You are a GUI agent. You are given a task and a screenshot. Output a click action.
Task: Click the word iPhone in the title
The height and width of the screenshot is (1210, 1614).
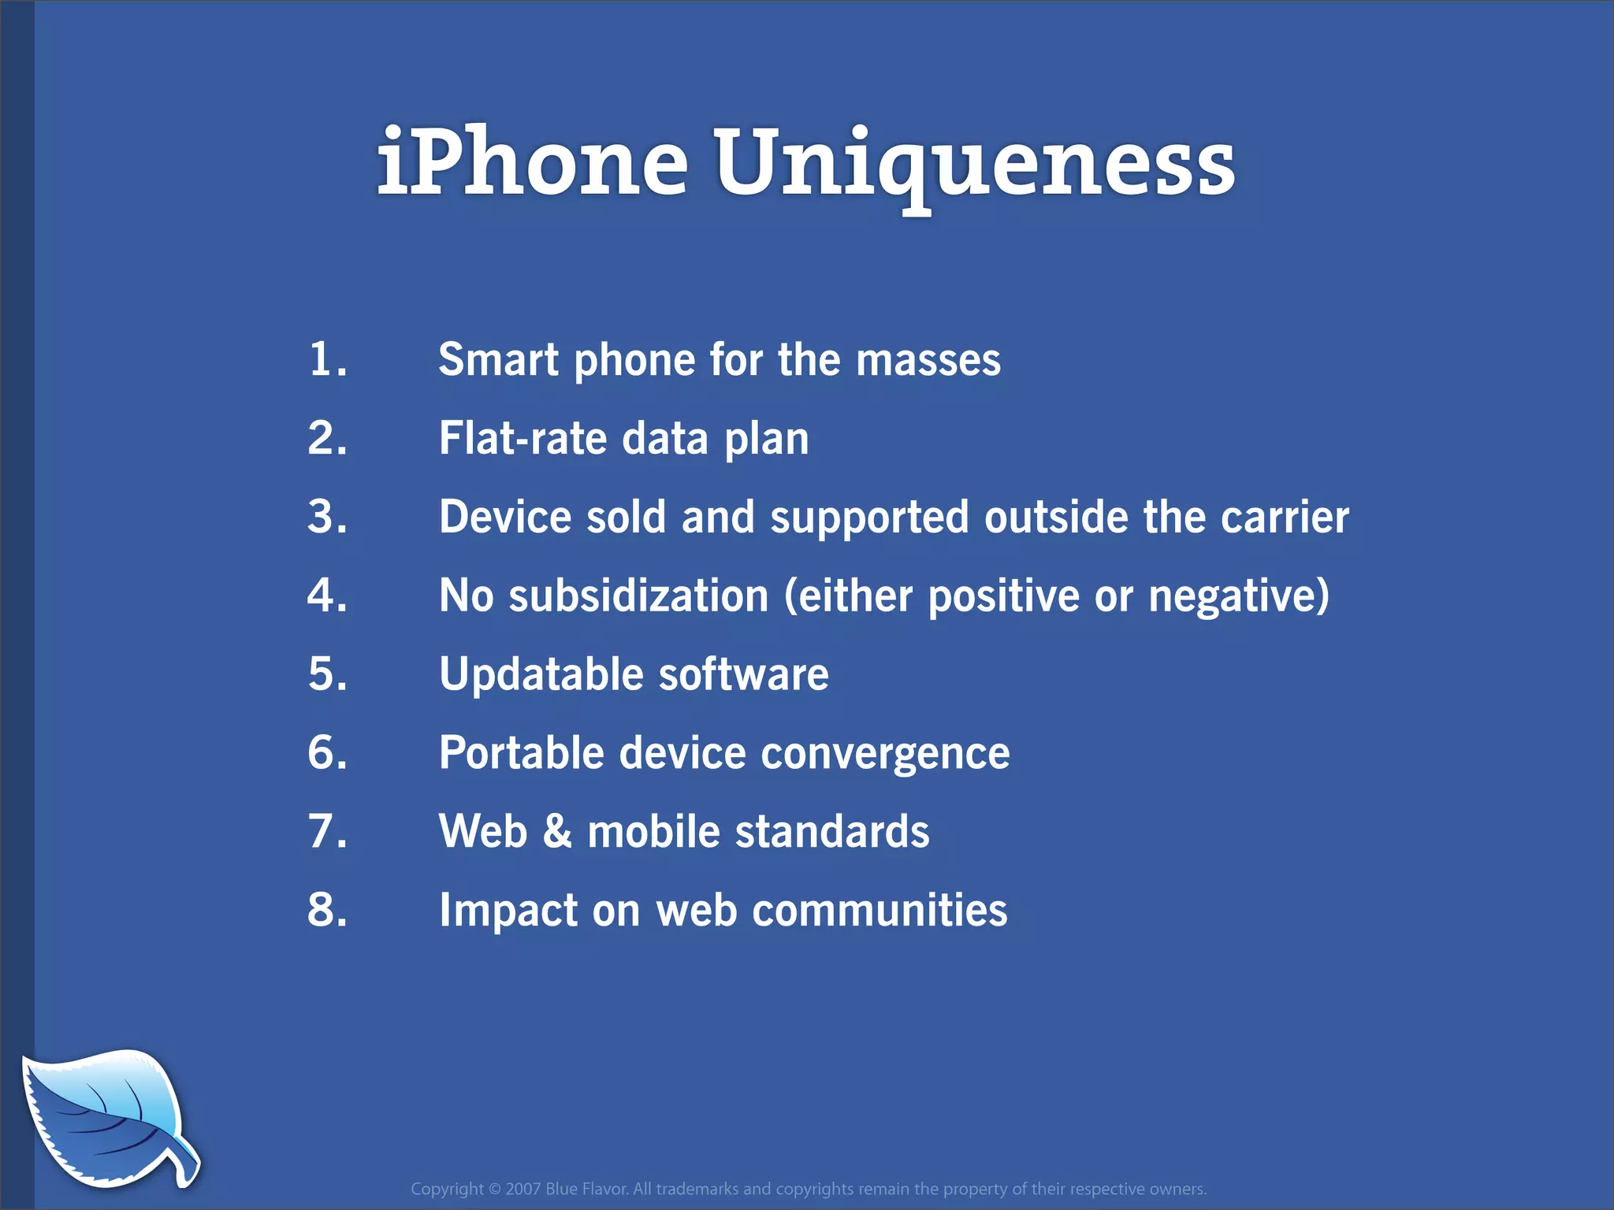pos(533,162)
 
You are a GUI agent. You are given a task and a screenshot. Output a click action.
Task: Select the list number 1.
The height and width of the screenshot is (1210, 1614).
pos(327,359)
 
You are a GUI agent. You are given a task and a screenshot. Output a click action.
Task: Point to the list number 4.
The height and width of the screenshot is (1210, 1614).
pos(327,596)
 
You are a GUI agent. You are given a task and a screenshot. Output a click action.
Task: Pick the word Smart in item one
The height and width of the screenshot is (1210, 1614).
pos(499,360)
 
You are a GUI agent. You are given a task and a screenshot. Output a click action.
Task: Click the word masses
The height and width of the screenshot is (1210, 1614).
pos(928,360)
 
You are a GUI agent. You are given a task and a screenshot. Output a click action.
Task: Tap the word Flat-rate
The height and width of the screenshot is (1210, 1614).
pos(523,439)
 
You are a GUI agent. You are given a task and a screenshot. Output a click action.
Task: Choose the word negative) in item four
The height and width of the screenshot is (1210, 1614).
pos(1239,596)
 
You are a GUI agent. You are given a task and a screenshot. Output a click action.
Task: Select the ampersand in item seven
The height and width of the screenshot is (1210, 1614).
pos(557,832)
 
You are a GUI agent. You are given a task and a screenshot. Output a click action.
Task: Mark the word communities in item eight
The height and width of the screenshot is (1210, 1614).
pos(880,911)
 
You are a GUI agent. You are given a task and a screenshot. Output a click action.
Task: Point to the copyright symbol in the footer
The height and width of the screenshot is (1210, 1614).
pos(495,1189)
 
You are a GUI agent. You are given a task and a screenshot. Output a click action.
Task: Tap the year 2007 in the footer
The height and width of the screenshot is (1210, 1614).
pos(523,1189)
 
